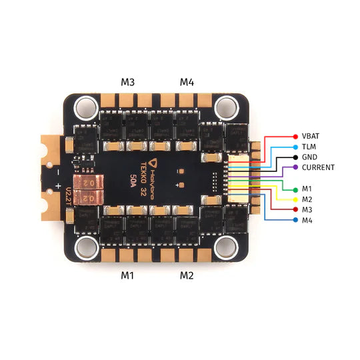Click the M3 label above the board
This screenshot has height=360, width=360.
click(x=128, y=82)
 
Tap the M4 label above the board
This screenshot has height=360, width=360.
click(x=187, y=82)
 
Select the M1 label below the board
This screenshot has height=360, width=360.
click(x=128, y=275)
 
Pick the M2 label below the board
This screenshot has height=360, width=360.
click(x=187, y=275)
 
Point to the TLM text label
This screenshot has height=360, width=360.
click(x=309, y=146)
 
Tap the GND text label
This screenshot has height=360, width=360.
click(x=310, y=157)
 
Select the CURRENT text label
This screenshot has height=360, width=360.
click(x=318, y=167)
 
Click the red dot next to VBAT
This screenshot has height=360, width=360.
click(x=295, y=136)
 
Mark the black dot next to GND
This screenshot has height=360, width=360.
click(x=295, y=157)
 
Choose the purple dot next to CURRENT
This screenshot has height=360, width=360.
click(x=295, y=167)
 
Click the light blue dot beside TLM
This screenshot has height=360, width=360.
click(x=295, y=146)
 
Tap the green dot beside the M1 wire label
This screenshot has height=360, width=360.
click(x=295, y=189)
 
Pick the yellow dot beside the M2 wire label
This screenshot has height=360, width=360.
click(x=295, y=199)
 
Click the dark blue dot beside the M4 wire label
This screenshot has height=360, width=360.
click(x=295, y=219)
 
